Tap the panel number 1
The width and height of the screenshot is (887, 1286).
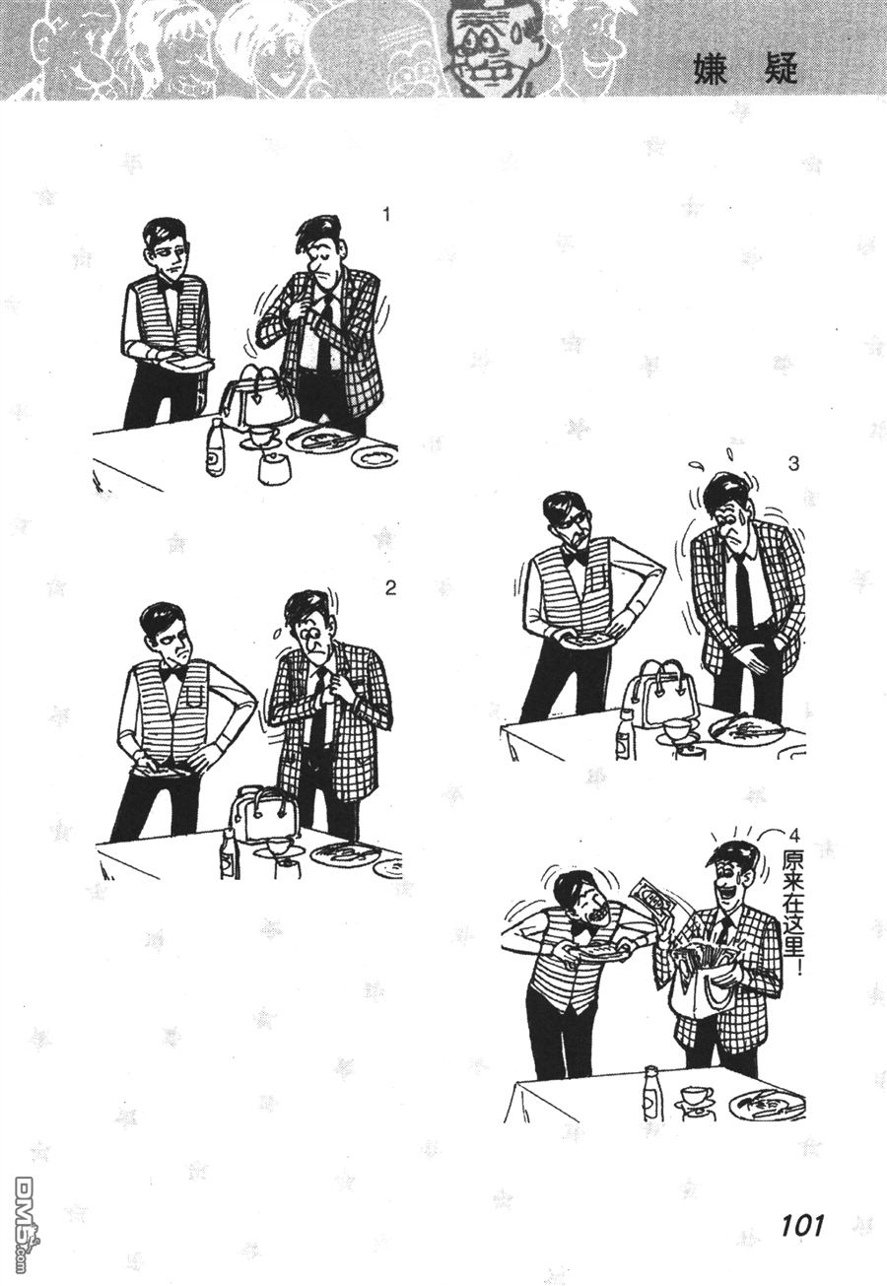click(386, 215)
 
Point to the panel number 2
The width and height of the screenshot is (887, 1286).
click(390, 588)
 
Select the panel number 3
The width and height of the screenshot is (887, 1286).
click(793, 464)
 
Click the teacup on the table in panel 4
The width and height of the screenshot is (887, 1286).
click(695, 1095)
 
